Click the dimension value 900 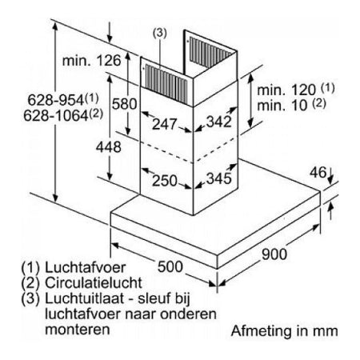[274, 254]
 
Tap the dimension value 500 [170, 266]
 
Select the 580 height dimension [124, 104]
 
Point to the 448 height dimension [109, 147]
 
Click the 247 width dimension [165, 124]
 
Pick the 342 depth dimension [219, 122]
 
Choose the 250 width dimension [165, 181]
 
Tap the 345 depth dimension [219, 178]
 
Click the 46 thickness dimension [318, 173]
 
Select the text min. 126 [91, 61]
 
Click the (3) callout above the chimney [159, 33]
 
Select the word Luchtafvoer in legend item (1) [85, 267]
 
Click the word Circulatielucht [94, 283]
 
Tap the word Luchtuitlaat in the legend [85, 298]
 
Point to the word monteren [78, 330]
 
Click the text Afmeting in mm [284, 331]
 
